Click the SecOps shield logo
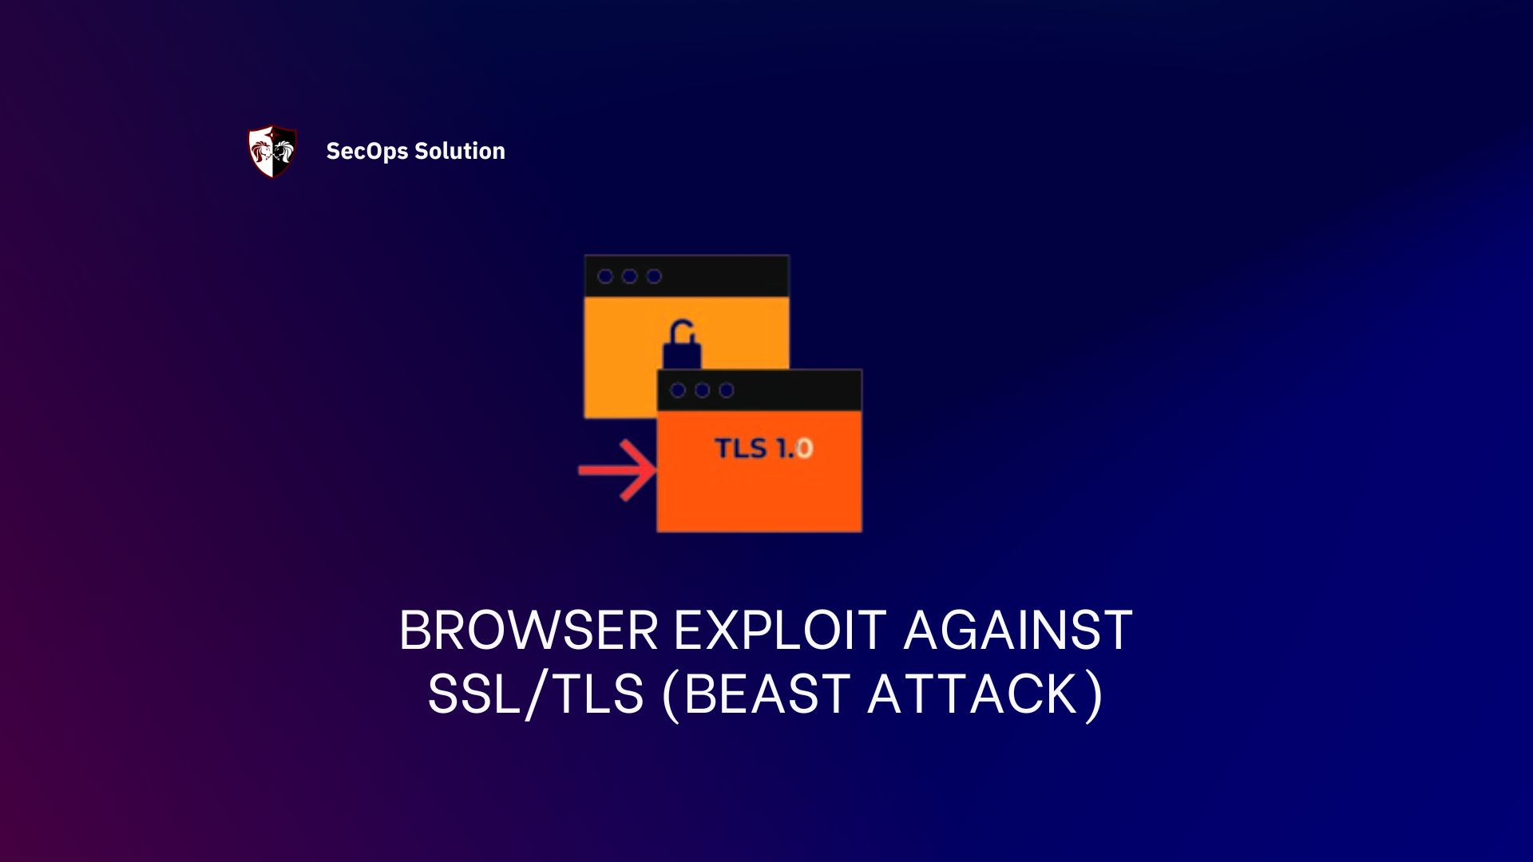pyautogui.click(x=272, y=151)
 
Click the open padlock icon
pyautogui.click(x=682, y=345)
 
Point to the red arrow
pyautogui.click(x=618, y=470)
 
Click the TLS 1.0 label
pyautogui.click(x=763, y=449)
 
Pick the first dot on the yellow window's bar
pyautogui.click(x=605, y=276)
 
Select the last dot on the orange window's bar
pyautogui.click(x=727, y=390)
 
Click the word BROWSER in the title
pyautogui.click(x=529, y=631)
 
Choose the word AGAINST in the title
pyautogui.click(x=1018, y=631)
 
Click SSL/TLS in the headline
pyautogui.click(x=536, y=694)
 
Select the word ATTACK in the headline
pyautogui.click(x=975, y=694)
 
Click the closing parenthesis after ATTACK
pyautogui.click(x=1095, y=695)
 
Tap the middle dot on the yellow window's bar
pyautogui.click(x=630, y=276)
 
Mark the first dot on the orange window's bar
pyautogui.click(x=678, y=390)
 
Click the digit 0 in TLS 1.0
pyautogui.click(x=804, y=449)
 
